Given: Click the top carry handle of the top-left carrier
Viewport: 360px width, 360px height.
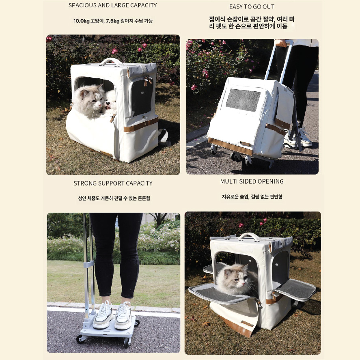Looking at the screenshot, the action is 112,60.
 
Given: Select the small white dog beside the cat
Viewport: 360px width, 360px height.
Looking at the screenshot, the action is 110,103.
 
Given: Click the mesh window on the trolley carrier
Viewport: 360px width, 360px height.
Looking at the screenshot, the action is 243,100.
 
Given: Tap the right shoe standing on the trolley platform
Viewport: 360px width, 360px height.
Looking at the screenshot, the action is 123,316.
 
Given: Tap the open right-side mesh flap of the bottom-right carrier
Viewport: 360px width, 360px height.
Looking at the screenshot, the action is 296,289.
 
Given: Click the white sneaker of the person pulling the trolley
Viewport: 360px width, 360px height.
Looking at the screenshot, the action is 304,137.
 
